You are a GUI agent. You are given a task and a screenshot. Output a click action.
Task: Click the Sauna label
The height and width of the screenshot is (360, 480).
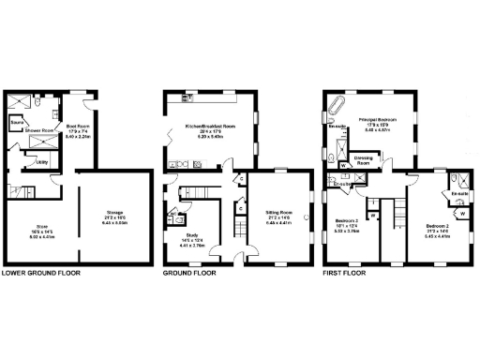(17, 122)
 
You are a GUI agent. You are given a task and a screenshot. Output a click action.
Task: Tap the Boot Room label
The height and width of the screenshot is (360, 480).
(77, 126)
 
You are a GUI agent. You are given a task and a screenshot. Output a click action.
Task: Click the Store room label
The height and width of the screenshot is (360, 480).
(41, 225)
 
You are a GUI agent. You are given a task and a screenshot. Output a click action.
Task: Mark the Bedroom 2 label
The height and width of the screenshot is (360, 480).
(439, 226)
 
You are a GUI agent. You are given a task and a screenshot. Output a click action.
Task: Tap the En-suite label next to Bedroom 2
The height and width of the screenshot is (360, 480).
(459, 194)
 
